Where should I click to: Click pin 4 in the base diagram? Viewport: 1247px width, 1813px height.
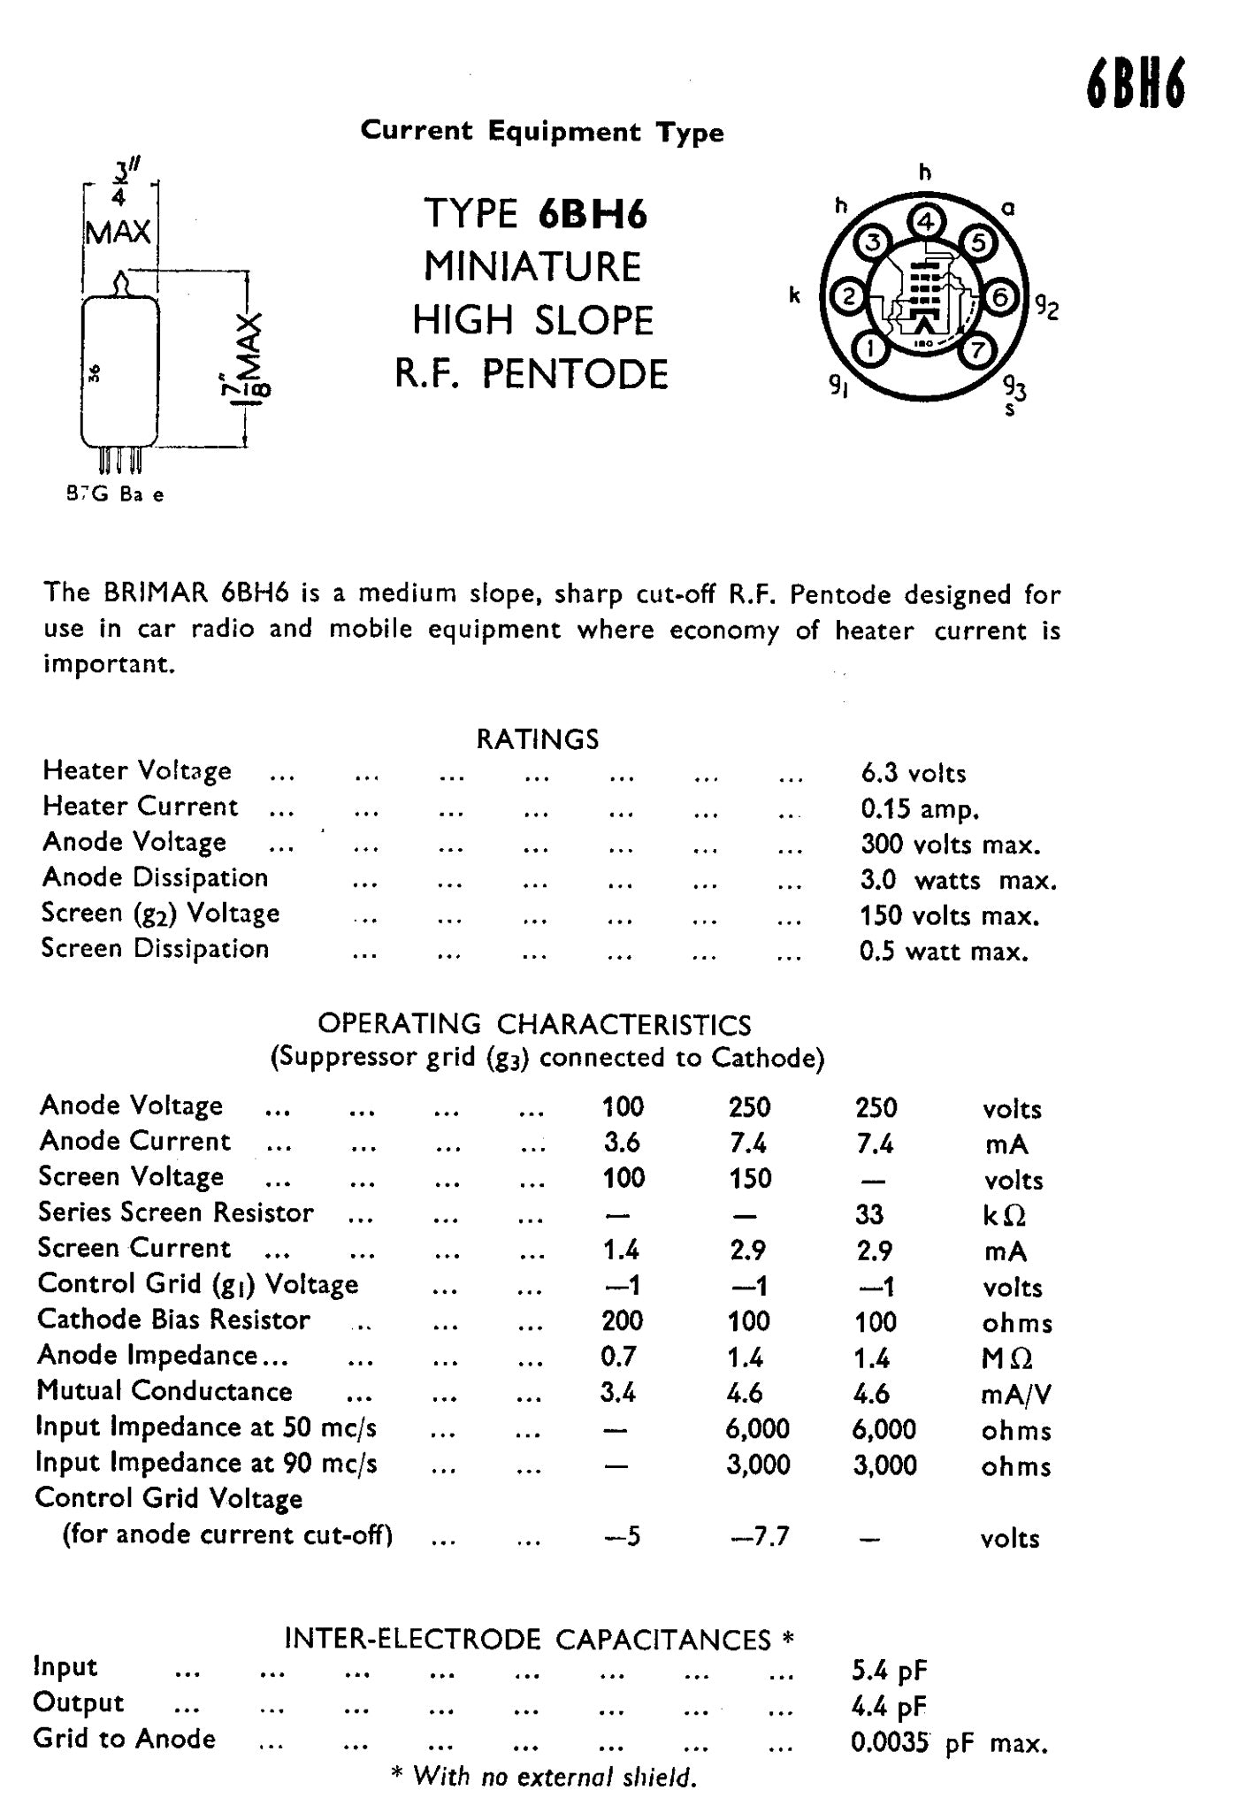[x=925, y=221]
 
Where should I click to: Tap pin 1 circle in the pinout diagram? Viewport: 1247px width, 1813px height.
[x=871, y=350]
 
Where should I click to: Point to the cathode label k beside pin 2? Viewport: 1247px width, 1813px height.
[x=794, y=295]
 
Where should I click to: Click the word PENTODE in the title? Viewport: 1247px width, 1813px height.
[x=575, y=374]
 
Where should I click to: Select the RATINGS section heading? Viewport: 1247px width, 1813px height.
[x=538, y=738]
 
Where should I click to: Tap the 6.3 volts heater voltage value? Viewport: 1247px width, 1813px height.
[x=913, y=774]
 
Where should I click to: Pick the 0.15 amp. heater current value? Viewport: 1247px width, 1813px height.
[x=920, y=809]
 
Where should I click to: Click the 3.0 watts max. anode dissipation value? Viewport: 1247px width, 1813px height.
[x=958, y=881]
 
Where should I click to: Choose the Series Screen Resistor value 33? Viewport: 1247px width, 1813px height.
[x=869, y=1214]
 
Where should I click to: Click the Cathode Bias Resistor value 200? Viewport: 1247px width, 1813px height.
[x=622, y=1321]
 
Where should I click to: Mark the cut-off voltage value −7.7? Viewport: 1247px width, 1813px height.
[x=759, y=1537]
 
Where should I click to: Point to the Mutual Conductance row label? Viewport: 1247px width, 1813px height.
[x=164, y=1391]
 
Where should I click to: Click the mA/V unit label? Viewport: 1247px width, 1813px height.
[x=1016, y=1395]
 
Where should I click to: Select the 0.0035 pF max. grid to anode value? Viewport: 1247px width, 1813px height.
[x=948, y=1743]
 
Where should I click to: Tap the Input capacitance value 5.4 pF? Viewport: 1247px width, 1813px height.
[x=889, y=1670]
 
